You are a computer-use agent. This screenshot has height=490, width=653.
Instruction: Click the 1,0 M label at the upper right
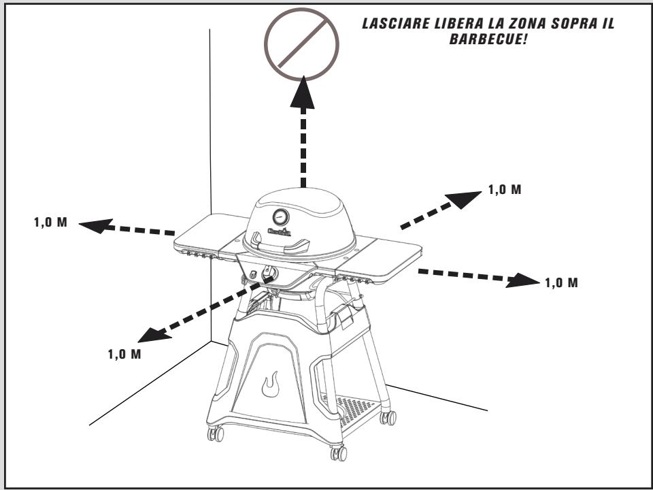pyautogui.click(x=505, y=190)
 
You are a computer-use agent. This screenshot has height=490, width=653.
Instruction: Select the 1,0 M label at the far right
pyautogui.click(x=562, y=282)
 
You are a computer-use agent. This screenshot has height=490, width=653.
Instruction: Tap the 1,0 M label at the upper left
pyautogui.click(x=50, y=223)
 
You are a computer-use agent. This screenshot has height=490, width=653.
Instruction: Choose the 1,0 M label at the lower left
pyautogui.click(x=124, y=354)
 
